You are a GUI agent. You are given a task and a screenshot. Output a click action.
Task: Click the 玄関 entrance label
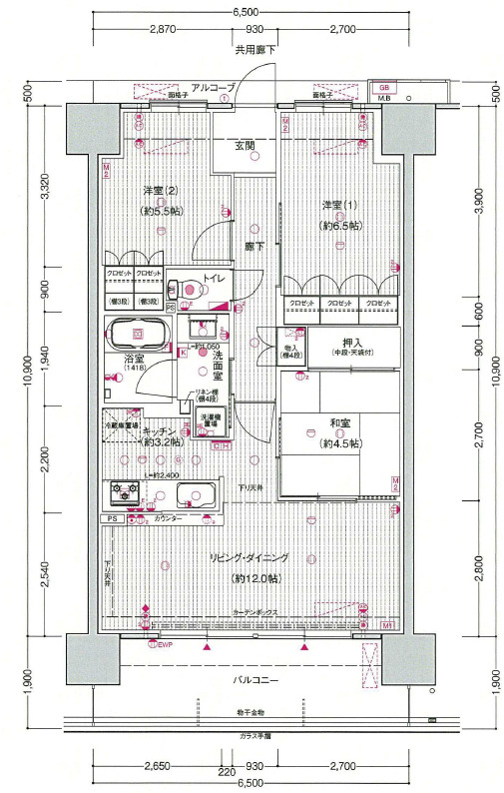tap(245, 146)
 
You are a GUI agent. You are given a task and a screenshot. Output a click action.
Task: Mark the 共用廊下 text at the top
tap(255, 49)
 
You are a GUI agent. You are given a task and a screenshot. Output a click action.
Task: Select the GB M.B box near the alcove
tap(383, 92)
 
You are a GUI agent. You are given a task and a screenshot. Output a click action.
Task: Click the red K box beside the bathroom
tap(183, 351)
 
